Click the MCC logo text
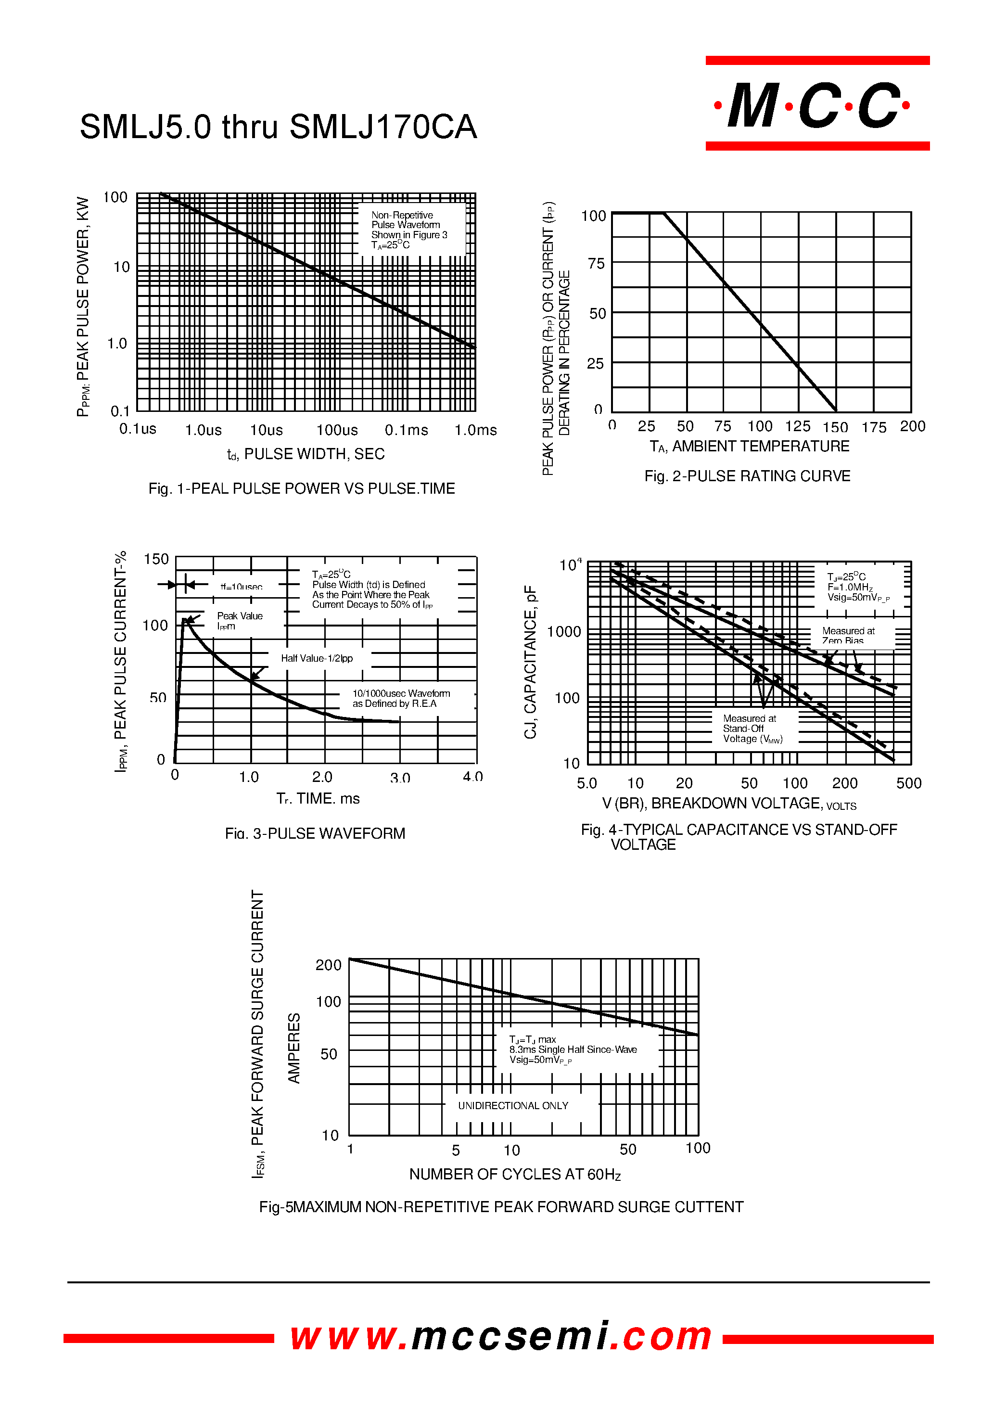816,105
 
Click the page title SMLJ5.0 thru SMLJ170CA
278,128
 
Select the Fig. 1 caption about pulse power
302,488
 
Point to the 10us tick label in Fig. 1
266,430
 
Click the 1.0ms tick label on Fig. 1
475,430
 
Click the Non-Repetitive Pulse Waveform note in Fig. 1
409,230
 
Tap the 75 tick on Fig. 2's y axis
596,264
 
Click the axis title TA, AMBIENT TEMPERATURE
749,447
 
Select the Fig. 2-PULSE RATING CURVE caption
747,476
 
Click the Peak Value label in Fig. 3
240,620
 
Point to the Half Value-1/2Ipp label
317,658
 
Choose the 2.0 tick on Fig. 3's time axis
322,777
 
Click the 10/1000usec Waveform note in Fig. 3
401,699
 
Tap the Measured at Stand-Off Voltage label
752,729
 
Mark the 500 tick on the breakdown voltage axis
908,783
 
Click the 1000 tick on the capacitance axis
563,632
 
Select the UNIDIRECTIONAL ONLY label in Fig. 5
513,1105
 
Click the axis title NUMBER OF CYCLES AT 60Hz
515,1174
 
